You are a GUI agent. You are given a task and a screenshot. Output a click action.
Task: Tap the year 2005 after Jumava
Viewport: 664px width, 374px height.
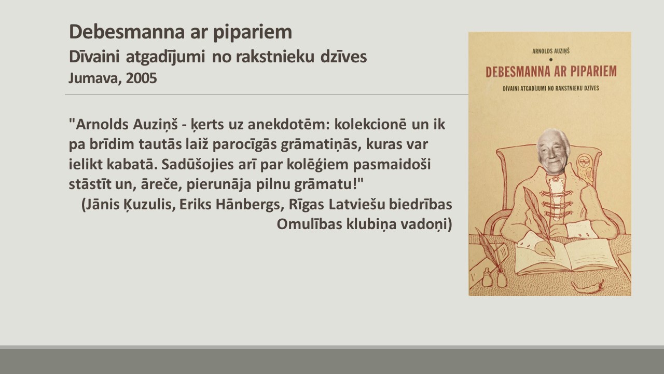click(141, 78)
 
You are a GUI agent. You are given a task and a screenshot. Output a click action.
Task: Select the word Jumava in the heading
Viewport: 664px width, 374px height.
click(95, 78)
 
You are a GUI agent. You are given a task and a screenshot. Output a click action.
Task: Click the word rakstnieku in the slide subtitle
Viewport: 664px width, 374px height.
click(275, 57)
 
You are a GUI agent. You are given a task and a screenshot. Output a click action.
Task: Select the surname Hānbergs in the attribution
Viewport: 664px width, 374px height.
click(248, 204)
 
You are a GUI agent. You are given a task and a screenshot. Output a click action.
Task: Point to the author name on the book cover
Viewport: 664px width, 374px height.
click(551, 51)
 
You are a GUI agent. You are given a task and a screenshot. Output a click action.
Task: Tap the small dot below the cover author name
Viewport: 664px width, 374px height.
click(551, 60)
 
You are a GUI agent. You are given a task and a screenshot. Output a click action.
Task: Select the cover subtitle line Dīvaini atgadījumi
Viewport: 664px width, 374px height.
click(551, 88)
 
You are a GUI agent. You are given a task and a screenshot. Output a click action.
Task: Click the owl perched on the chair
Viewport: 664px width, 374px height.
click(585, 168)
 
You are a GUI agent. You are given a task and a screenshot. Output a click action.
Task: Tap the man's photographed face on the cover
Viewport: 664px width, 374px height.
click(553, 151)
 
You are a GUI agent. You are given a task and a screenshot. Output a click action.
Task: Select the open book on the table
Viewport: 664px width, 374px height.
click(566, 257)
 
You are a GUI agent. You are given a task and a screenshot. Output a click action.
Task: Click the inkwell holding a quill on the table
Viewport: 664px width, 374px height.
click(502, 277)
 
